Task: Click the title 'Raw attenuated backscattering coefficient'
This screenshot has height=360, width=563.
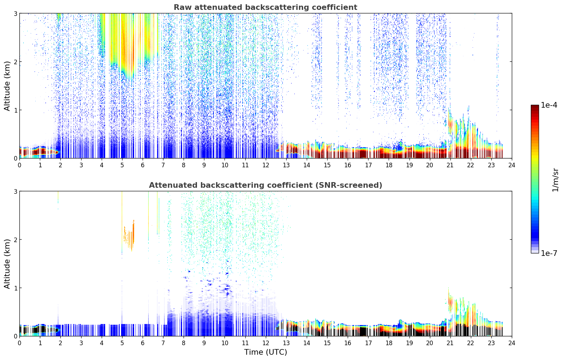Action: (265, 7)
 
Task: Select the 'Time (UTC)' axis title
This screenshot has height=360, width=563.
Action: (265, 352)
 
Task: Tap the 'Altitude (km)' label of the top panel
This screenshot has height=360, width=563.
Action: (7, 86)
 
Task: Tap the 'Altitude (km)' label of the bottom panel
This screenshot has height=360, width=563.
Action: (7, 264)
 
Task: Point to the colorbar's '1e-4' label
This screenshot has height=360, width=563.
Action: (549, 105)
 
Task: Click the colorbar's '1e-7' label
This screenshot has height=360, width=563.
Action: (549, 253)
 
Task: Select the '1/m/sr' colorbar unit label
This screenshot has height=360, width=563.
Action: (555, 180)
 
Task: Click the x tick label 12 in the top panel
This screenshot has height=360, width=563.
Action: (265, 165)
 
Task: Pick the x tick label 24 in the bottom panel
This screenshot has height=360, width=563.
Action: (512, 343)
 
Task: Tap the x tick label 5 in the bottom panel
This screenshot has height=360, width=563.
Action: (122, 343)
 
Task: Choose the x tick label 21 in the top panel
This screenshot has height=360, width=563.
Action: (450, 165)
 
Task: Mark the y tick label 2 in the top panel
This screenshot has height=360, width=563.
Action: (15, 62)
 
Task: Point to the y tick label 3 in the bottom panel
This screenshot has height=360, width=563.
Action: (15, 191)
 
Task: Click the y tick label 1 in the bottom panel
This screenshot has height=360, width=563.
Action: (15, 288)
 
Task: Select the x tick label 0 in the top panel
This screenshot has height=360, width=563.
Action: (19, 165)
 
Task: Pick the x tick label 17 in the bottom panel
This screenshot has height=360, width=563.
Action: (368, 343)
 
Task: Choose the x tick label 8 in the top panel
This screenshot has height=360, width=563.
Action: (184, 165)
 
